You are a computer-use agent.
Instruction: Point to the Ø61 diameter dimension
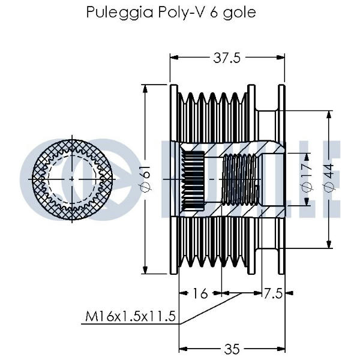pos(146,179)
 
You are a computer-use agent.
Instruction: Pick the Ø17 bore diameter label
pos(305,178)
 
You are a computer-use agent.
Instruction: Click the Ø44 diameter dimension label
pos(329,178)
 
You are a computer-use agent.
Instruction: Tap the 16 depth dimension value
pos(200,293)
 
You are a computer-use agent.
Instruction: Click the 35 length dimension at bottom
pos(231,349)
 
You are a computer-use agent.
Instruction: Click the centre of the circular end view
pos(73,179)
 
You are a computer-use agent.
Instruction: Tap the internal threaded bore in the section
pos(241,179)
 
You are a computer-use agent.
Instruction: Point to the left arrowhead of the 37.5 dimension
pos(173,58)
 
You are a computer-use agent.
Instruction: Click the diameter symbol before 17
pos(305,188)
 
